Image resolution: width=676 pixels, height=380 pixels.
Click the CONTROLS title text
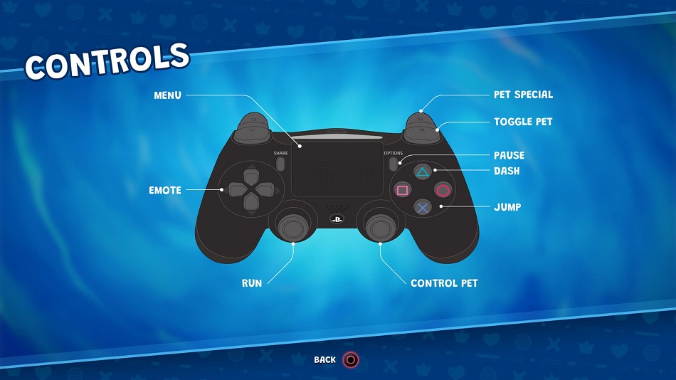[x=107, y=62]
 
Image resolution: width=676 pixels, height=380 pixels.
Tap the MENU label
[x=167, y=95]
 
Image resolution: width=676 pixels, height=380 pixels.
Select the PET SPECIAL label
[x=523, y=95]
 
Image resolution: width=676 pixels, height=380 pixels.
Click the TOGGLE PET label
[x=523, y=122]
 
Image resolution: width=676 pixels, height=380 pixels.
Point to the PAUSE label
[x=509, y=155]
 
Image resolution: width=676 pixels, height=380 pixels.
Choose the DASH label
[x=507, y=171]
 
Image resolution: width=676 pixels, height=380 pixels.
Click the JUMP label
[x=507, y=207]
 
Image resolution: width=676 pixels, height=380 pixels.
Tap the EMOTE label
[x=164, y=190]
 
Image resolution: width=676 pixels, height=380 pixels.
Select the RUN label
[x=252, y=283]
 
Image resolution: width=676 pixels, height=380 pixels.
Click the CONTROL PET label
[x=444, y=283]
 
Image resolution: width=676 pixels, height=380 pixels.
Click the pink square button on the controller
[x=402, y=190]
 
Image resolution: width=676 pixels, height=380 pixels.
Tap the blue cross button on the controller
[x=423, y=208]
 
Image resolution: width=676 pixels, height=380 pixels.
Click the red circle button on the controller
[x=443, y=190]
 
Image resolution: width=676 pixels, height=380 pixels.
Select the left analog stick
[x=293, y=226]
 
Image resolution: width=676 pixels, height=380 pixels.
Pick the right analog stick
[x=381, y=226]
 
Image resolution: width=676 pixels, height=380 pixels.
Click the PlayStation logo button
[x=337, y=219]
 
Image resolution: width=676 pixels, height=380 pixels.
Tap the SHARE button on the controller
[x=280, y=164]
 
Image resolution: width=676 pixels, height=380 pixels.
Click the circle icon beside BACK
[x=351, y=360]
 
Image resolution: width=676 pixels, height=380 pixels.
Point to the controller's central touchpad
[x=337, y=169]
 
